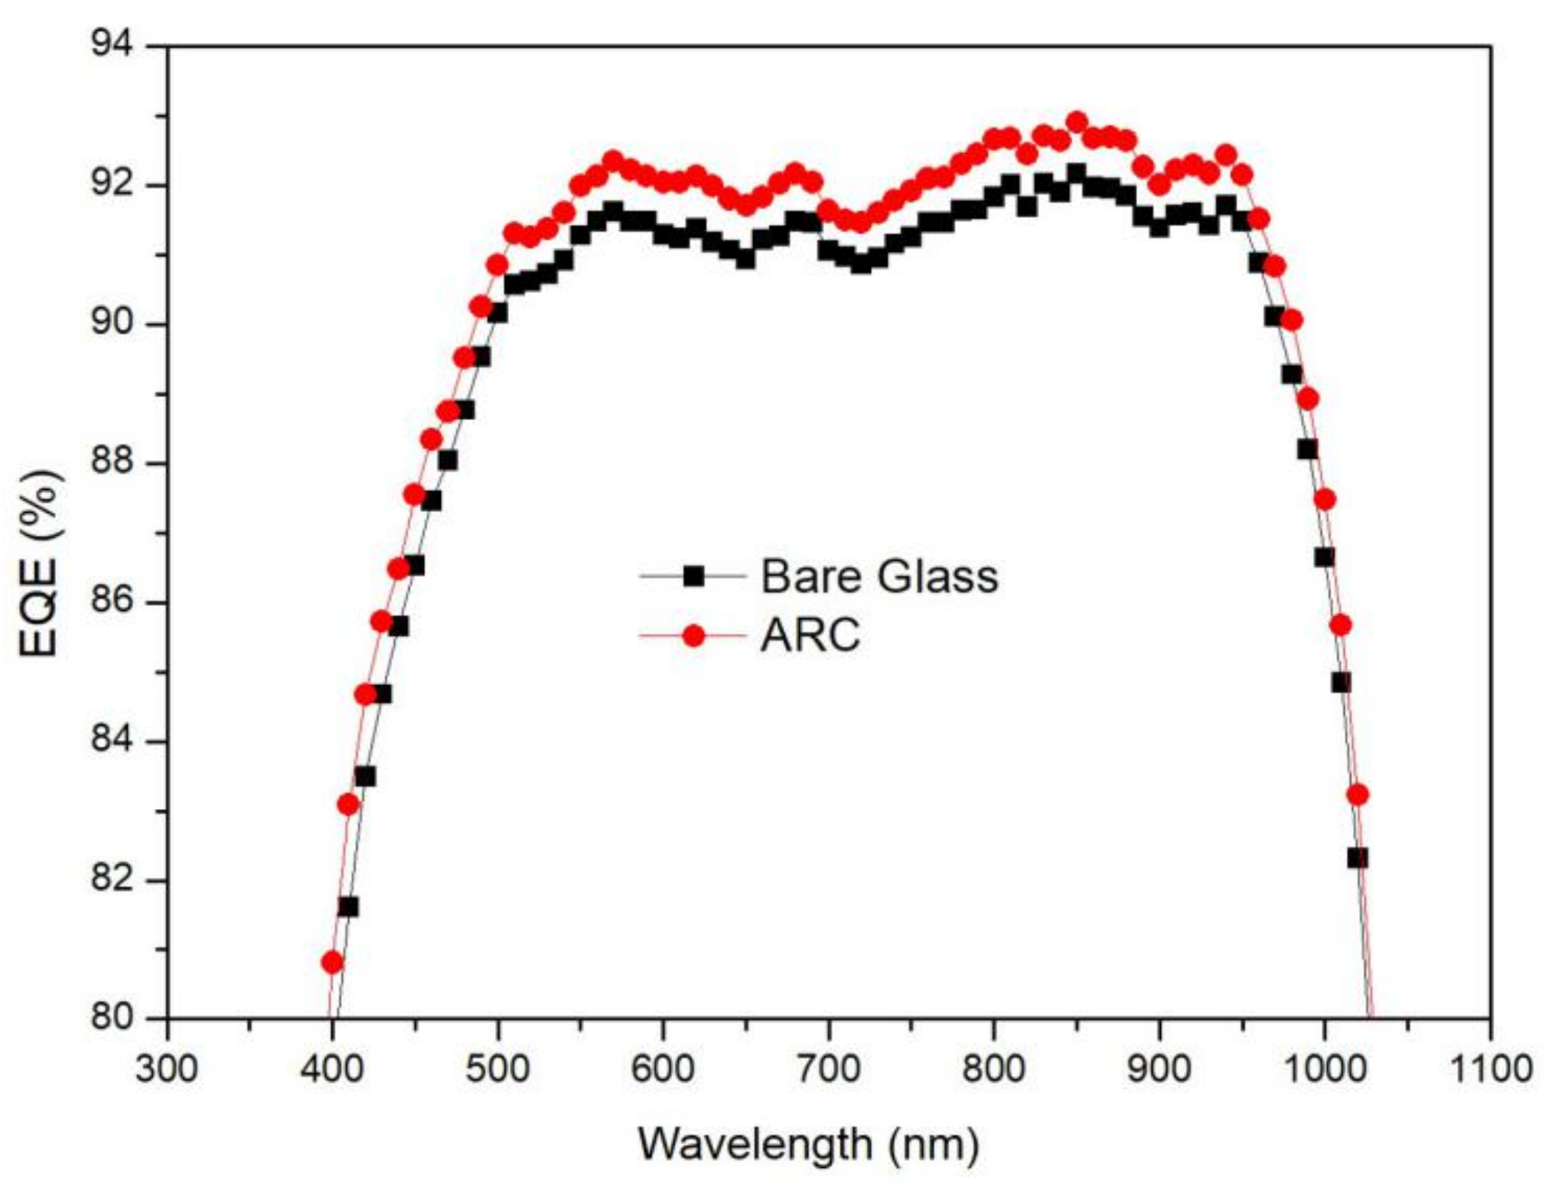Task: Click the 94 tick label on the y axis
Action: pos(112,45)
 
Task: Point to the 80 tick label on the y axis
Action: pos(112,1018)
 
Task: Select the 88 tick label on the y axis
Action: pos(112,462)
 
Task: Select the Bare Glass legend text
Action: pos(879,576)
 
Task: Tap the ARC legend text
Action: pos(810,635)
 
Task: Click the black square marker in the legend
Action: pos(693,576)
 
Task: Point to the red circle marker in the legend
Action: pos(693,636)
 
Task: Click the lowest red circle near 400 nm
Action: pos(331,962)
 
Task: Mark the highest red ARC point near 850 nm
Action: pos(1077,122)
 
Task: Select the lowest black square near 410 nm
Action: pos(348,907)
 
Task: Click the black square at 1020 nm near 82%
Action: pos(1358,858)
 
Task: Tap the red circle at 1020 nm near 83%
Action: pos(1358,795)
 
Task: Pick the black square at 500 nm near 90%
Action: pos(497,312)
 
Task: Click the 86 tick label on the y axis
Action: pos(112,602)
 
